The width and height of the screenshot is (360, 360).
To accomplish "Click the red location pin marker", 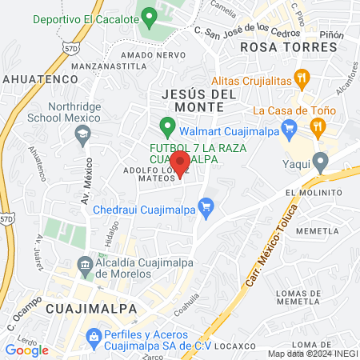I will point(180,163).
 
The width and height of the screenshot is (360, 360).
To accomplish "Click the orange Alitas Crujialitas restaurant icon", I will point(302,78).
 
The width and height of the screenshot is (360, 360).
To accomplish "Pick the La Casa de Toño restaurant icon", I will point(318,125).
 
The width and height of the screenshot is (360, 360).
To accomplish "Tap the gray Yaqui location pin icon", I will point(321,163).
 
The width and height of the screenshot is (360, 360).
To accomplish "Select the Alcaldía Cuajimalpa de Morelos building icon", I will point(85,265).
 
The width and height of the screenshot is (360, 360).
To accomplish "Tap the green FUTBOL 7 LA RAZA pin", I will point(167,126).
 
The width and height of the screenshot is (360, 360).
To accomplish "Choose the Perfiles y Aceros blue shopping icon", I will point(94,335).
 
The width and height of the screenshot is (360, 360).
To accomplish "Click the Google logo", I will point(27,350).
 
